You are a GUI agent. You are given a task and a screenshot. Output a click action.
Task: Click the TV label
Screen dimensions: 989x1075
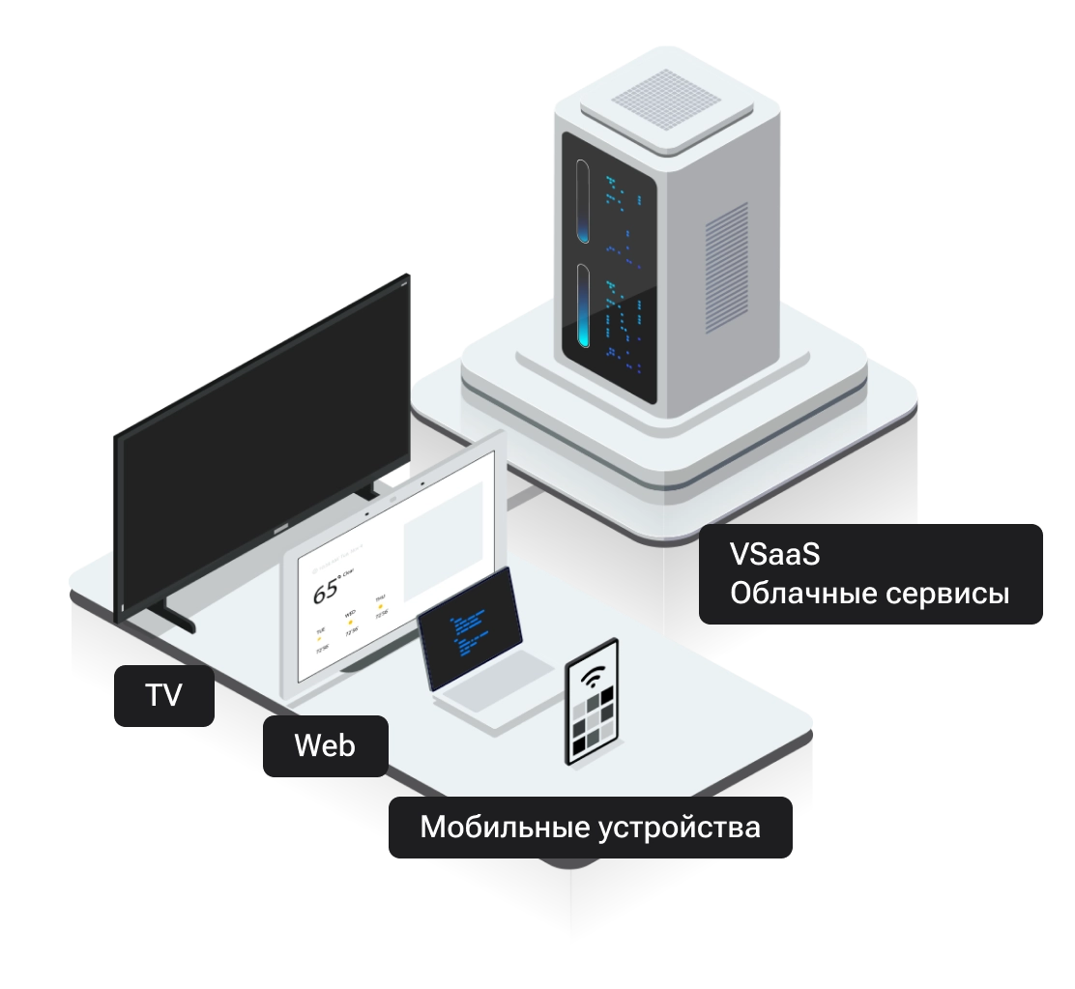pyautogui.click(x=162, y=695)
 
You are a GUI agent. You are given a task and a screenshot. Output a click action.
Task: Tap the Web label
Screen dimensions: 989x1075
pyautogui.click(x=324, y=745)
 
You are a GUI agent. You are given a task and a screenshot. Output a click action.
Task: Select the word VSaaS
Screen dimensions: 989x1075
pyautogui.click(x=775, y=555)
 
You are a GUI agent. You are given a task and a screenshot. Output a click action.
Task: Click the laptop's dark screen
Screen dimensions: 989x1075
pyautogui.click(x=469, y=629)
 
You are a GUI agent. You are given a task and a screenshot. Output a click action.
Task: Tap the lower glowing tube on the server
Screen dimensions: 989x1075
pyautogui.click(x=584, y=307)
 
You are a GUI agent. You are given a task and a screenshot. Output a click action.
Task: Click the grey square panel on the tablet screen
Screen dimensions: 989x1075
pyautogui.click(x=441, y=540)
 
